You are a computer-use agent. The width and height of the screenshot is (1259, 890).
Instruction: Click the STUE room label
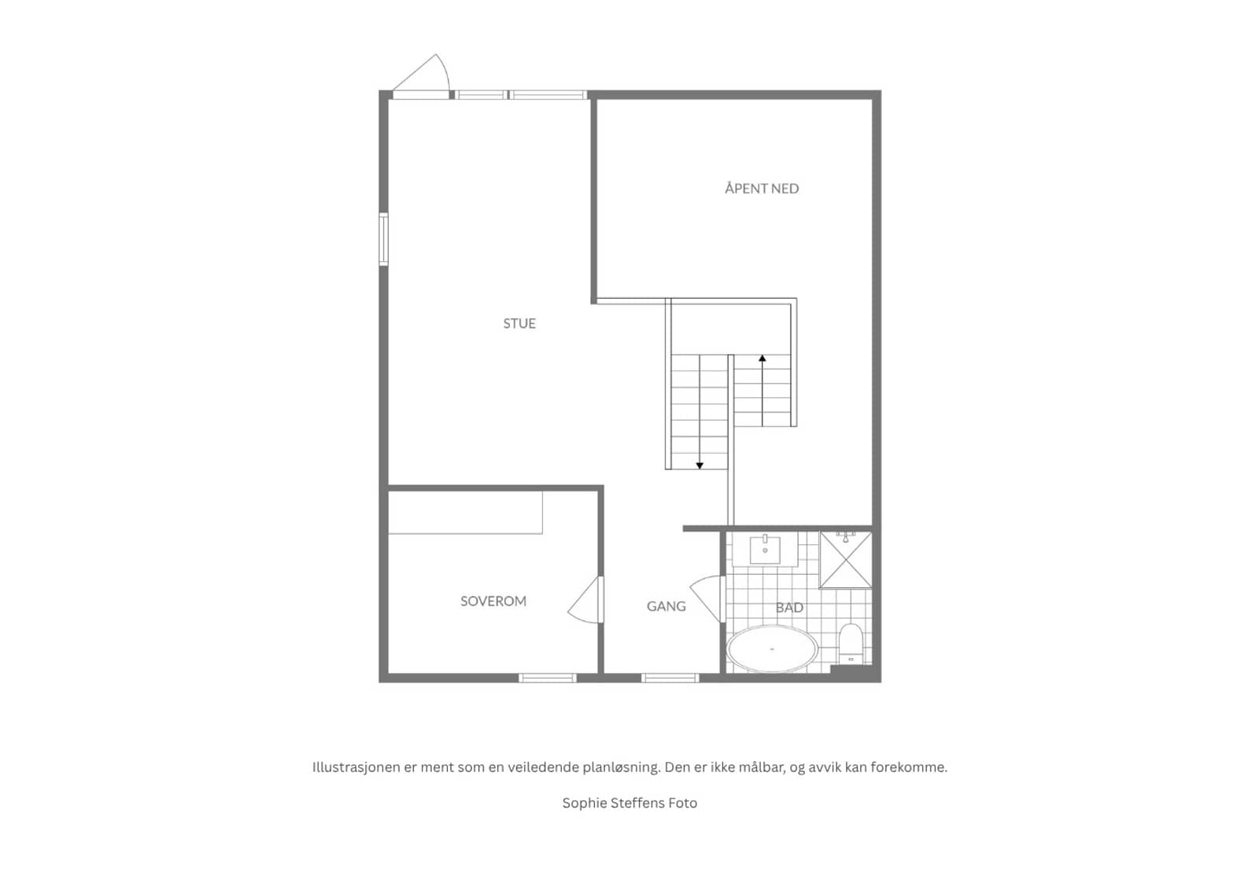[519, 323]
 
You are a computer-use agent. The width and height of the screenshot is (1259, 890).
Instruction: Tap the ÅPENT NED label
[762, 188]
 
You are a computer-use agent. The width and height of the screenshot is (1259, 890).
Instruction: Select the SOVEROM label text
[493, 601]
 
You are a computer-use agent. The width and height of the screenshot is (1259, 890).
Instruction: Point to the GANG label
[666, 606]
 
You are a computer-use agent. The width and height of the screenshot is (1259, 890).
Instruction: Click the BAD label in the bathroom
[789, 608]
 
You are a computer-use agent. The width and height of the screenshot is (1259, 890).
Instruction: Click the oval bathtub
[772, 649]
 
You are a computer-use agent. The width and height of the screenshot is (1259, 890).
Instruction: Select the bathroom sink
[765, 550]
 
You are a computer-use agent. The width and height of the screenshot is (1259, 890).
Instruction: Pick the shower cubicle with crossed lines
[845, 560]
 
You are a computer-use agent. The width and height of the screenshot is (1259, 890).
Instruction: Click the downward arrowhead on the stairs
[700, 465]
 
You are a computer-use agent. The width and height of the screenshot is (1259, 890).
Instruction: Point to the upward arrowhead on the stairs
[762, 358]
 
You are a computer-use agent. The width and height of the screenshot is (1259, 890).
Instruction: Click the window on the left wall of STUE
[383, 239]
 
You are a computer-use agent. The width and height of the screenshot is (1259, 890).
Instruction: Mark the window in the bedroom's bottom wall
[548, 678]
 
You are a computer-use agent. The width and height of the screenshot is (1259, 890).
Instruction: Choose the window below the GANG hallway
[670, 678]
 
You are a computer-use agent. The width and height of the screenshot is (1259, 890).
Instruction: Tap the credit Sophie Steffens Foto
[629, 803]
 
